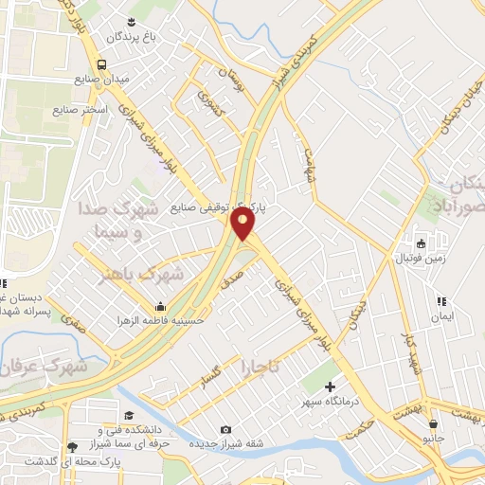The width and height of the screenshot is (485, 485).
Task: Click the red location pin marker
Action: click(x=243, y=224)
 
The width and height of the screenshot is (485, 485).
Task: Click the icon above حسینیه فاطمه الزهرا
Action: click(x=160, y=307)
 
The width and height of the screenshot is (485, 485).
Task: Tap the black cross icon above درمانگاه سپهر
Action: click(x=330, y=386)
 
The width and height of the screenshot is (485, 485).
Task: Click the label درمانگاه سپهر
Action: click(x=330, y=402)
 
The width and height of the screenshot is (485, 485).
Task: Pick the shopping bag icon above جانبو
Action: click(x=433, y=423)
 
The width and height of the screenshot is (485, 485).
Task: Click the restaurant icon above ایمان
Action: click(x=440, y=301)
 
